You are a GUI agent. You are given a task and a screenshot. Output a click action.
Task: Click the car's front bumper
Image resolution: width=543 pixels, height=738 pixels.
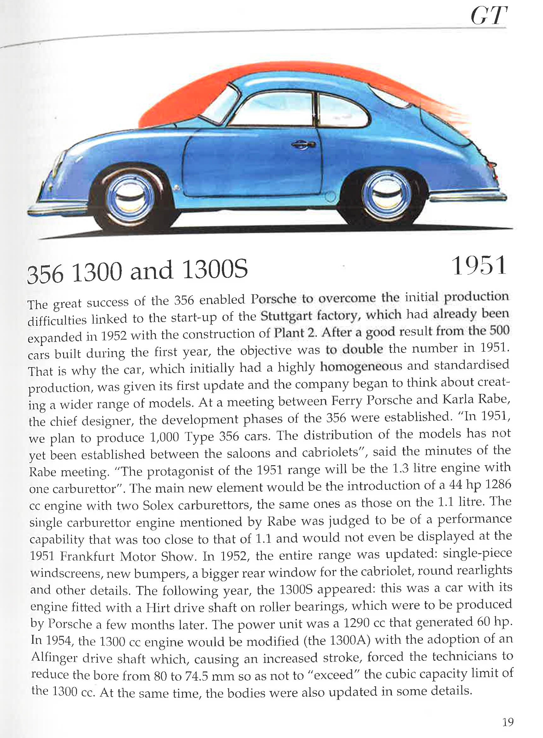(56, 209)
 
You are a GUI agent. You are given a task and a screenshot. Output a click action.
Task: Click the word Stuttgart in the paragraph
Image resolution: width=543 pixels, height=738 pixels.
(286, 316)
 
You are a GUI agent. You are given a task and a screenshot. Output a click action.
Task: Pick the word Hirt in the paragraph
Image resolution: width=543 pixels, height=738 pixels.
(158, 607)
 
